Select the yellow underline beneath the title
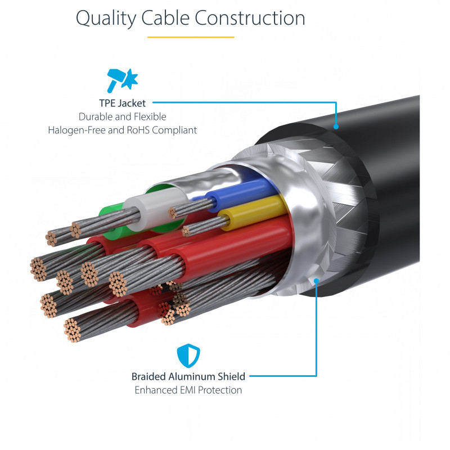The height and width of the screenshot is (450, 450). [x=191, y=37]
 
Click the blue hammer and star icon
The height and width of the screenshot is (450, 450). [x=122, y=80]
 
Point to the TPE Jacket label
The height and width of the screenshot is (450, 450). [x=122, y=103]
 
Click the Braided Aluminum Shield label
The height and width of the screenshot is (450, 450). [x=188, y=376]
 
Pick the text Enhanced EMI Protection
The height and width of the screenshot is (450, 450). [x=188, y=390]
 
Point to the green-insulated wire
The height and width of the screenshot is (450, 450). [x=112, y=214]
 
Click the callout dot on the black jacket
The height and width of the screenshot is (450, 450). [x=336, y=126]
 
